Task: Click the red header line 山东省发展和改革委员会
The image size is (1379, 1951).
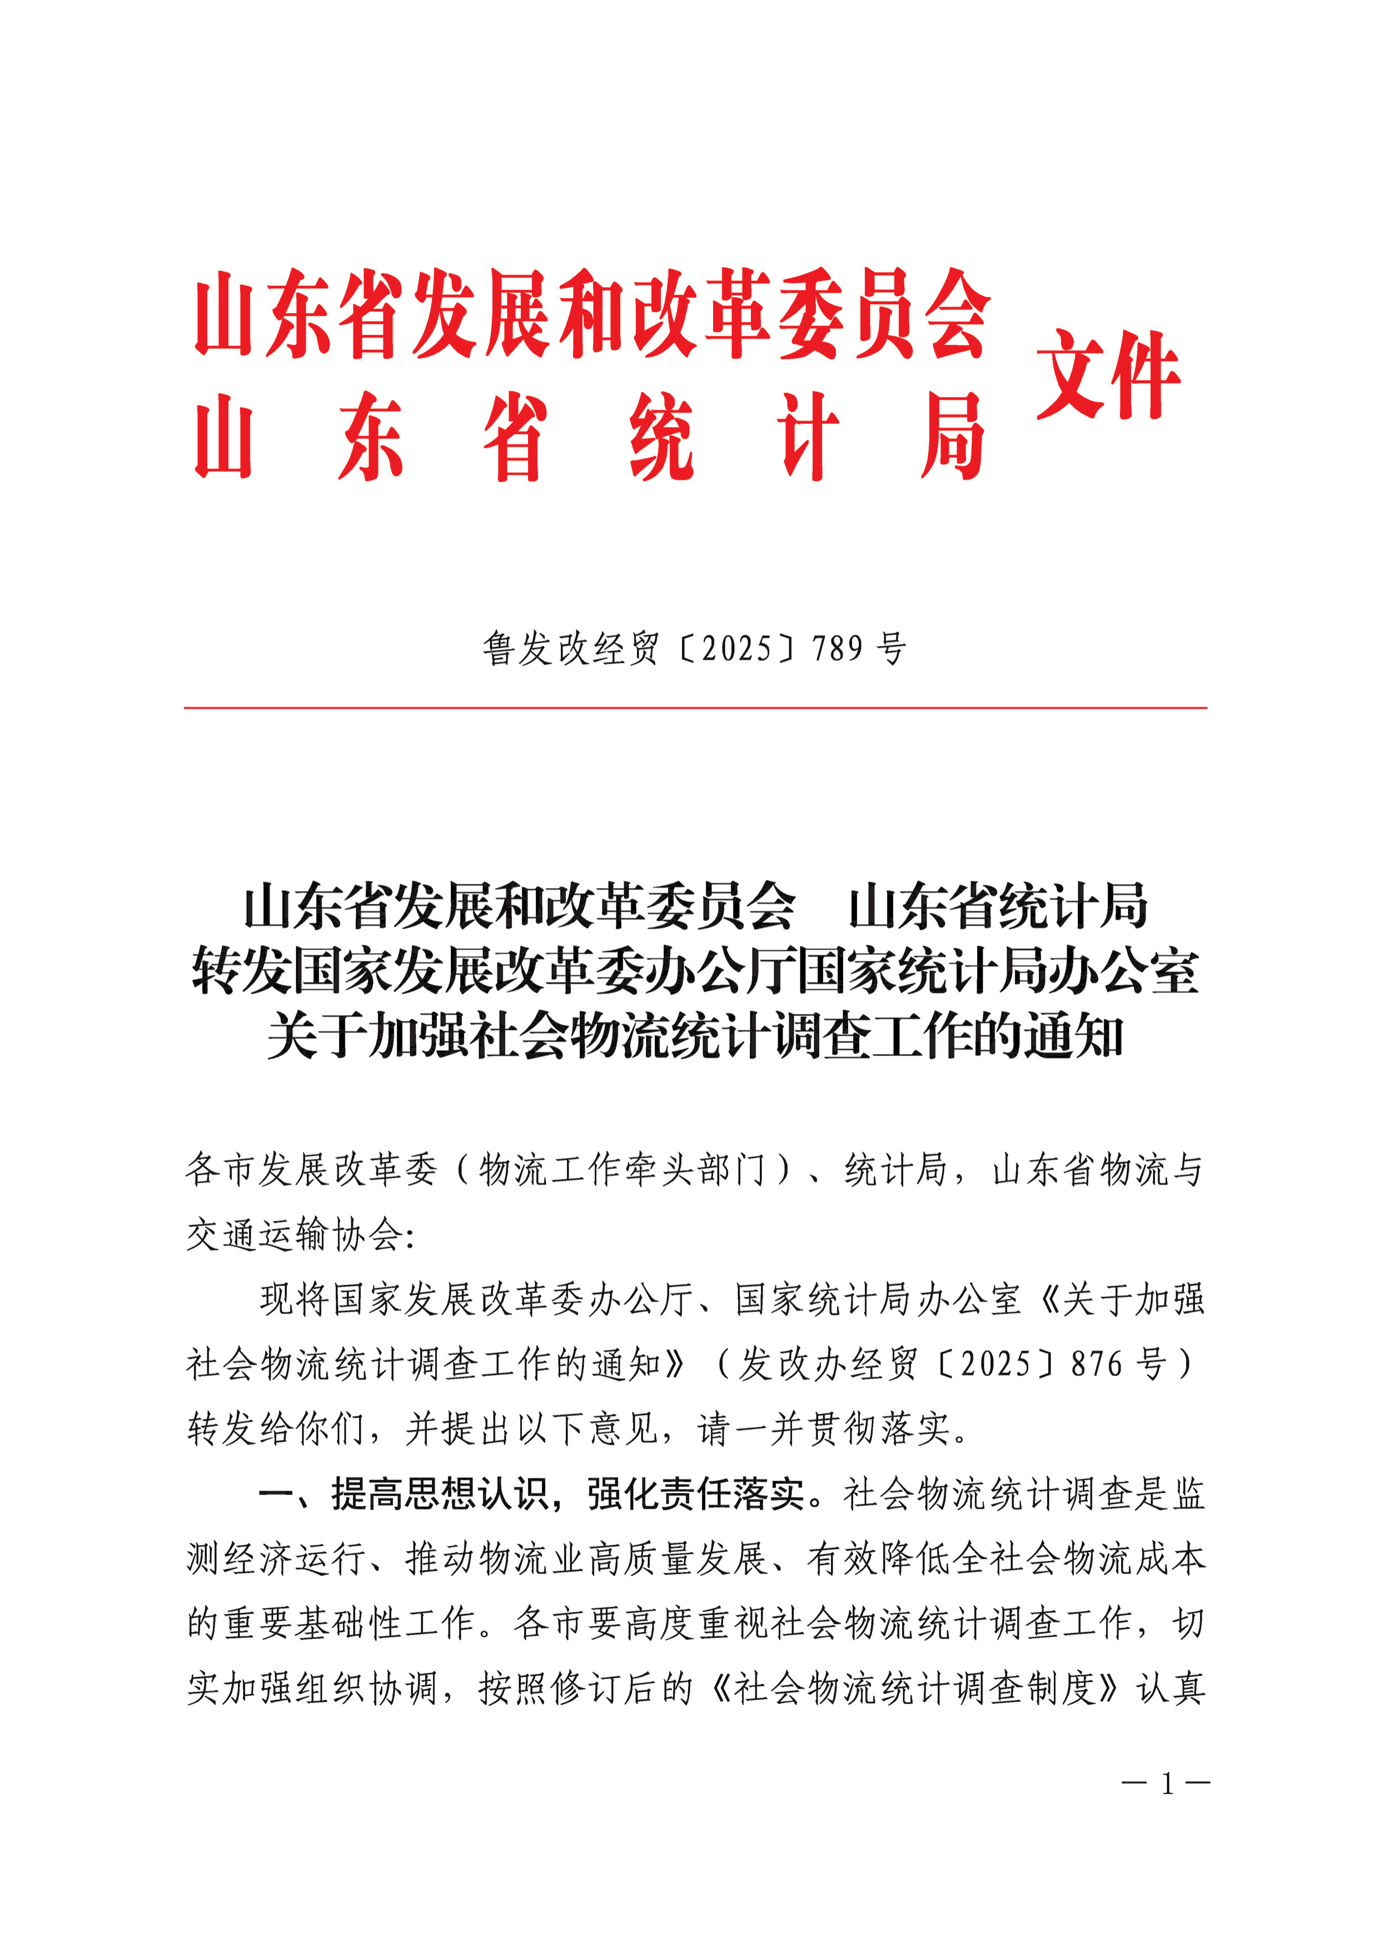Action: click(592, 314)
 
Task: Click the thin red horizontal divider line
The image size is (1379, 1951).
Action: click(695, 707)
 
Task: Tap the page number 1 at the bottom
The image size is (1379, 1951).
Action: click(1167, 1784)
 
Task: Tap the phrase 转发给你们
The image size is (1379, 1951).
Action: click(275, 1429)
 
